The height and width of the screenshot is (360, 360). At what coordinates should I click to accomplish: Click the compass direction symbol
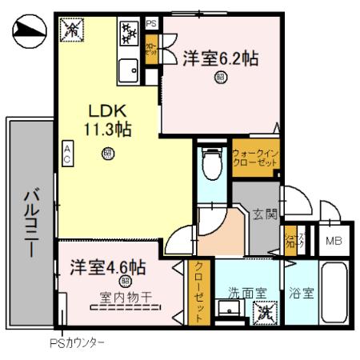(x=30, y=31)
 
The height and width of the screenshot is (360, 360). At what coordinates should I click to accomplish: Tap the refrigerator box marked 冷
(x=72, y=30)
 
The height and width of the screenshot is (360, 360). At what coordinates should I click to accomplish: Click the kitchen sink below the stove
(x=128, y=72)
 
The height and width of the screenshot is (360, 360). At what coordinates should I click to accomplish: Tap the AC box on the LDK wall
(x=68, y=154)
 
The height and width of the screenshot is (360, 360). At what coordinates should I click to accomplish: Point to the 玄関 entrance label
(x=264, y=214)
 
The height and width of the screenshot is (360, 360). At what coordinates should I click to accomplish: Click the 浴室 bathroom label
(x=302, y=292)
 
